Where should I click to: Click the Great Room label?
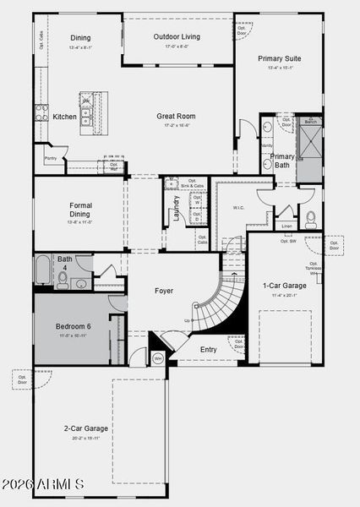coord(176,116)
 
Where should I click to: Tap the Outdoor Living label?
coord(177,36)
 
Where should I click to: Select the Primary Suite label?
coord(279,58)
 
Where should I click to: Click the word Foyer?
coord(164,291)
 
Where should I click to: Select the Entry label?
coord(208,349)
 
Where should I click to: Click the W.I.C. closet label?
coord(238,207)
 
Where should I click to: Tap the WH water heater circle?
coord(157,359)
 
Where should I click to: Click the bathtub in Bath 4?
coord(43,273)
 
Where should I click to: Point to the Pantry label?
coord(50,158)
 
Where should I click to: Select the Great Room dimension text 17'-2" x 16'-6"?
coord(176,125)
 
